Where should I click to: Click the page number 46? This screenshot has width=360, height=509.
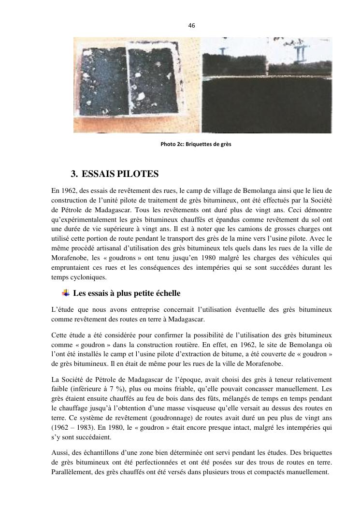coord(192,26)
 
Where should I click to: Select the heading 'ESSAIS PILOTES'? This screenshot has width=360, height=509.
coord(120,174)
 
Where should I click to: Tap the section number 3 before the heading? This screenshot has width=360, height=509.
coord(74,174)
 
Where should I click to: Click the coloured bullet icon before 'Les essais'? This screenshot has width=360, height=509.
coord(66,293)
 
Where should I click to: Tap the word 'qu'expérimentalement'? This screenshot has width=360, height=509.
coord(88,219)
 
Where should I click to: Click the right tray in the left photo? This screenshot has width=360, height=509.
coord(159,85)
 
